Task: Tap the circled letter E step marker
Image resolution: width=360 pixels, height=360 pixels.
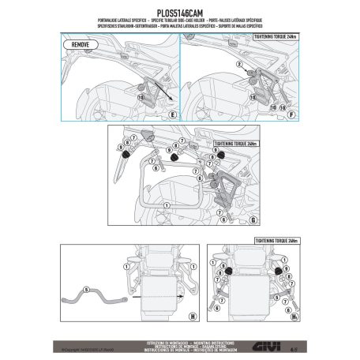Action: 170,113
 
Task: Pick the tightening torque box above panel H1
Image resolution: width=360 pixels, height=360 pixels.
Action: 274,238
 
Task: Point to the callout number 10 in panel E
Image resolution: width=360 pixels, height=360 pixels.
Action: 142,96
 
